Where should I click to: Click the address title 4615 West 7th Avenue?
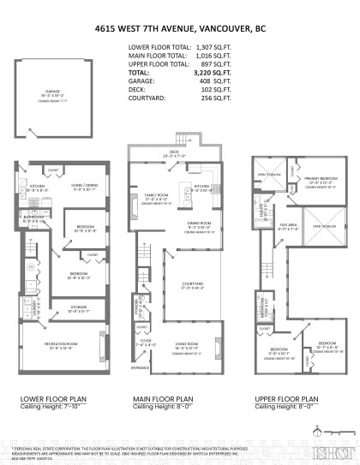[x=180, y=27]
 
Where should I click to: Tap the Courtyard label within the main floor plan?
[x=192, y=284]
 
